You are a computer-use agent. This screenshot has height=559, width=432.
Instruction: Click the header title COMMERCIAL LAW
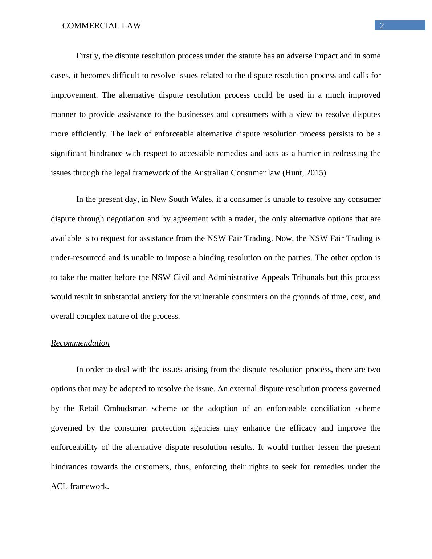pos(101,26)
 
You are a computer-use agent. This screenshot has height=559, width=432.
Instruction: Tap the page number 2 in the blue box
pos(382,25)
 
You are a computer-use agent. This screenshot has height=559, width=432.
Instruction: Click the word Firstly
pos(88,56)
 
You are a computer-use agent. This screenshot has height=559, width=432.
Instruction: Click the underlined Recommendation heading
pos(80,343)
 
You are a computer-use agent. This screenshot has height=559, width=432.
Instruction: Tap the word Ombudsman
pos(125,408)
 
